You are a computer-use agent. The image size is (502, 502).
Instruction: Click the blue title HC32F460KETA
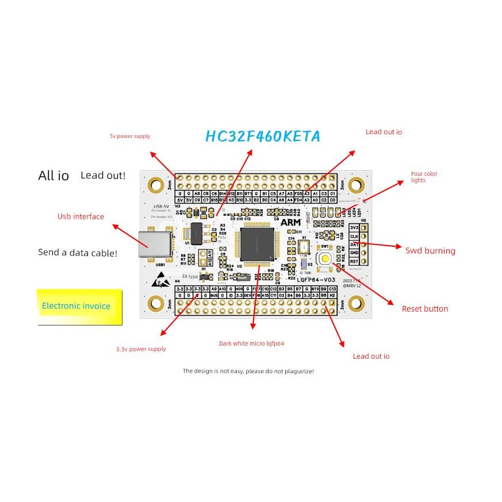(x=263, y=136)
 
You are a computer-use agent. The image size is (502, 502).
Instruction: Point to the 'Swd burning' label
(x=430, y=251)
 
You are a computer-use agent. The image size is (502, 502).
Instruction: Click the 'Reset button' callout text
(x=424, y=309)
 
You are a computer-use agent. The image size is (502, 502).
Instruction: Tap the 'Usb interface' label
(x=81, y=217)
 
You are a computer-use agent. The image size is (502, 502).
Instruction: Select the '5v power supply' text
(x=130, y=136)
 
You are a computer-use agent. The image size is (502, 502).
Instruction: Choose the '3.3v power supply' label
(x=141, y=349)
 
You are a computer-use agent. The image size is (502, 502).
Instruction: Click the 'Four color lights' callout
(x=424, y=177)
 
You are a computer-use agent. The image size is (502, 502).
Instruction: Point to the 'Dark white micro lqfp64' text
(x=251, y=344)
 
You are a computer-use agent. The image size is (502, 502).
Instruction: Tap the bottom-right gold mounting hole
(x=357, y=303)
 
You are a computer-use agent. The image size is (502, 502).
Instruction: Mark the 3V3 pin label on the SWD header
(x=355, y=228)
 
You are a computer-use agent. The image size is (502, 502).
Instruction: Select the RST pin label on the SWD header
(x=355, y=261)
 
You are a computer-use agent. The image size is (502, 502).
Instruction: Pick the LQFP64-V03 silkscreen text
(x=316, y=279)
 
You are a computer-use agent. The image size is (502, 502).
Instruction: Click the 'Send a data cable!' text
(x=78, y=252)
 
